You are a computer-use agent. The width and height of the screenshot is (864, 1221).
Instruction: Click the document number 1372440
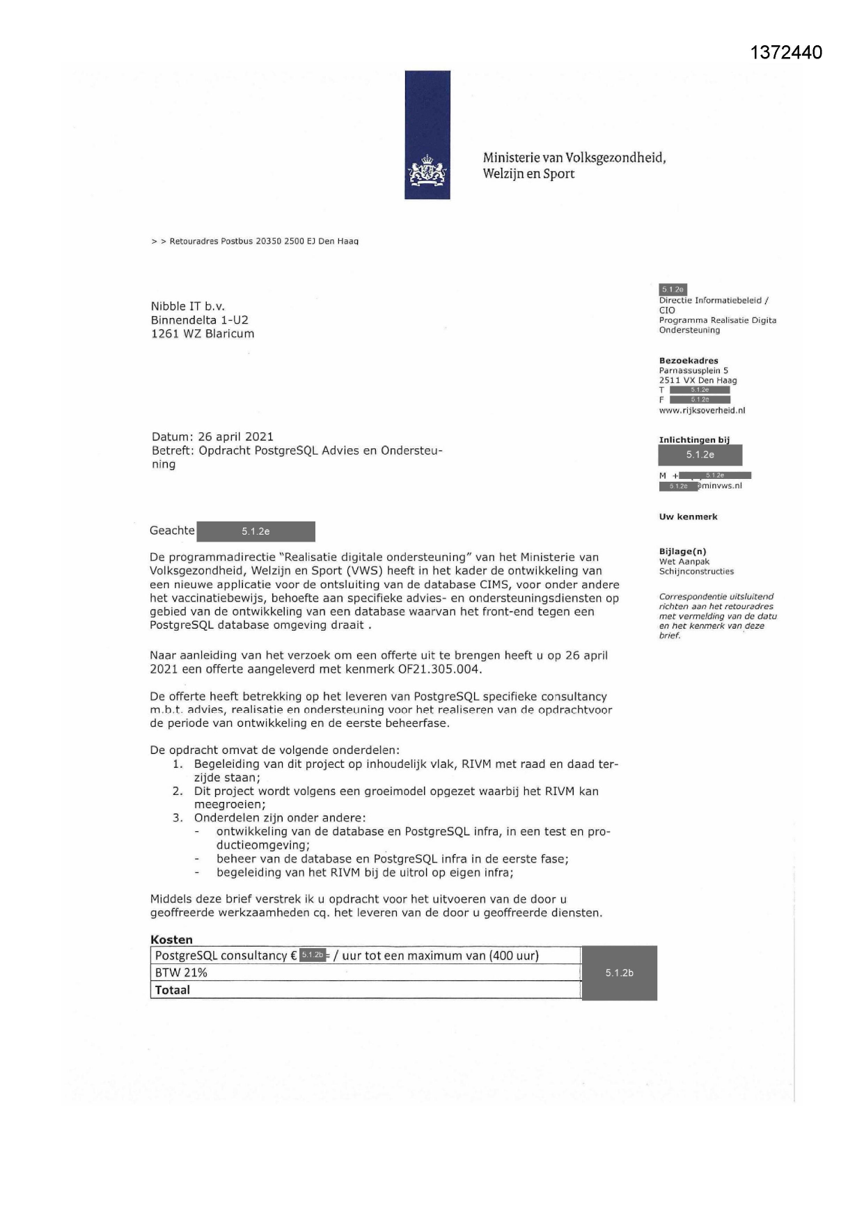(787, 53)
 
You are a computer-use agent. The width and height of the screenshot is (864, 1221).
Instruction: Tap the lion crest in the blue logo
(427, 174)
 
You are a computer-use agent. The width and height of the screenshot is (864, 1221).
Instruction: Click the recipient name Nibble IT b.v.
(188, 306)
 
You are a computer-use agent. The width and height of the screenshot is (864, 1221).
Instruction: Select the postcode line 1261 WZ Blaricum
(203, 333)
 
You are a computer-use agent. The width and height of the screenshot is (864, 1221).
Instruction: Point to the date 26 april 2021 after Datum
(235, 437)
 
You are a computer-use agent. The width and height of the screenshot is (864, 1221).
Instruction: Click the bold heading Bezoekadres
(689, 361)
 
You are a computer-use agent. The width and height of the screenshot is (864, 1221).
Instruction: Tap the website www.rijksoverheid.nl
(702, 411)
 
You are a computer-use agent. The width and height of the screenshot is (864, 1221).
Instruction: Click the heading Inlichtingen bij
(694, 440)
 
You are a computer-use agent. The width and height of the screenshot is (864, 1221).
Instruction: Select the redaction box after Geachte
(256, 532)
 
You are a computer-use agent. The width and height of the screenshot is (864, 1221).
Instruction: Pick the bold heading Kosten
(171, 939)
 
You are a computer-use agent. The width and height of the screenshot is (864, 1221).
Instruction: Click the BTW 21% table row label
(181, 972)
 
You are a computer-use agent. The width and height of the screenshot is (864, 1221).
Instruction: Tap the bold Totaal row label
(173, 990)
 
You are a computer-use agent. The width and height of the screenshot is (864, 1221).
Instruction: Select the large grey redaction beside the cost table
(619, 972)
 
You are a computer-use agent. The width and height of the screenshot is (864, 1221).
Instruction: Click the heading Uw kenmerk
(688, 517)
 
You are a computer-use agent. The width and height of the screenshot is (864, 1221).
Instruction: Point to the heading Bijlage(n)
(682, 551)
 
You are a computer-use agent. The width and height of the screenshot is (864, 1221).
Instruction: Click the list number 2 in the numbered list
(178, 791)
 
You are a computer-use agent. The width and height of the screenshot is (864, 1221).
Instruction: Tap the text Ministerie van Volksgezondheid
(574, 157)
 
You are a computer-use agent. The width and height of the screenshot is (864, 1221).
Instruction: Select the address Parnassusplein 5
(693, 371)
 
